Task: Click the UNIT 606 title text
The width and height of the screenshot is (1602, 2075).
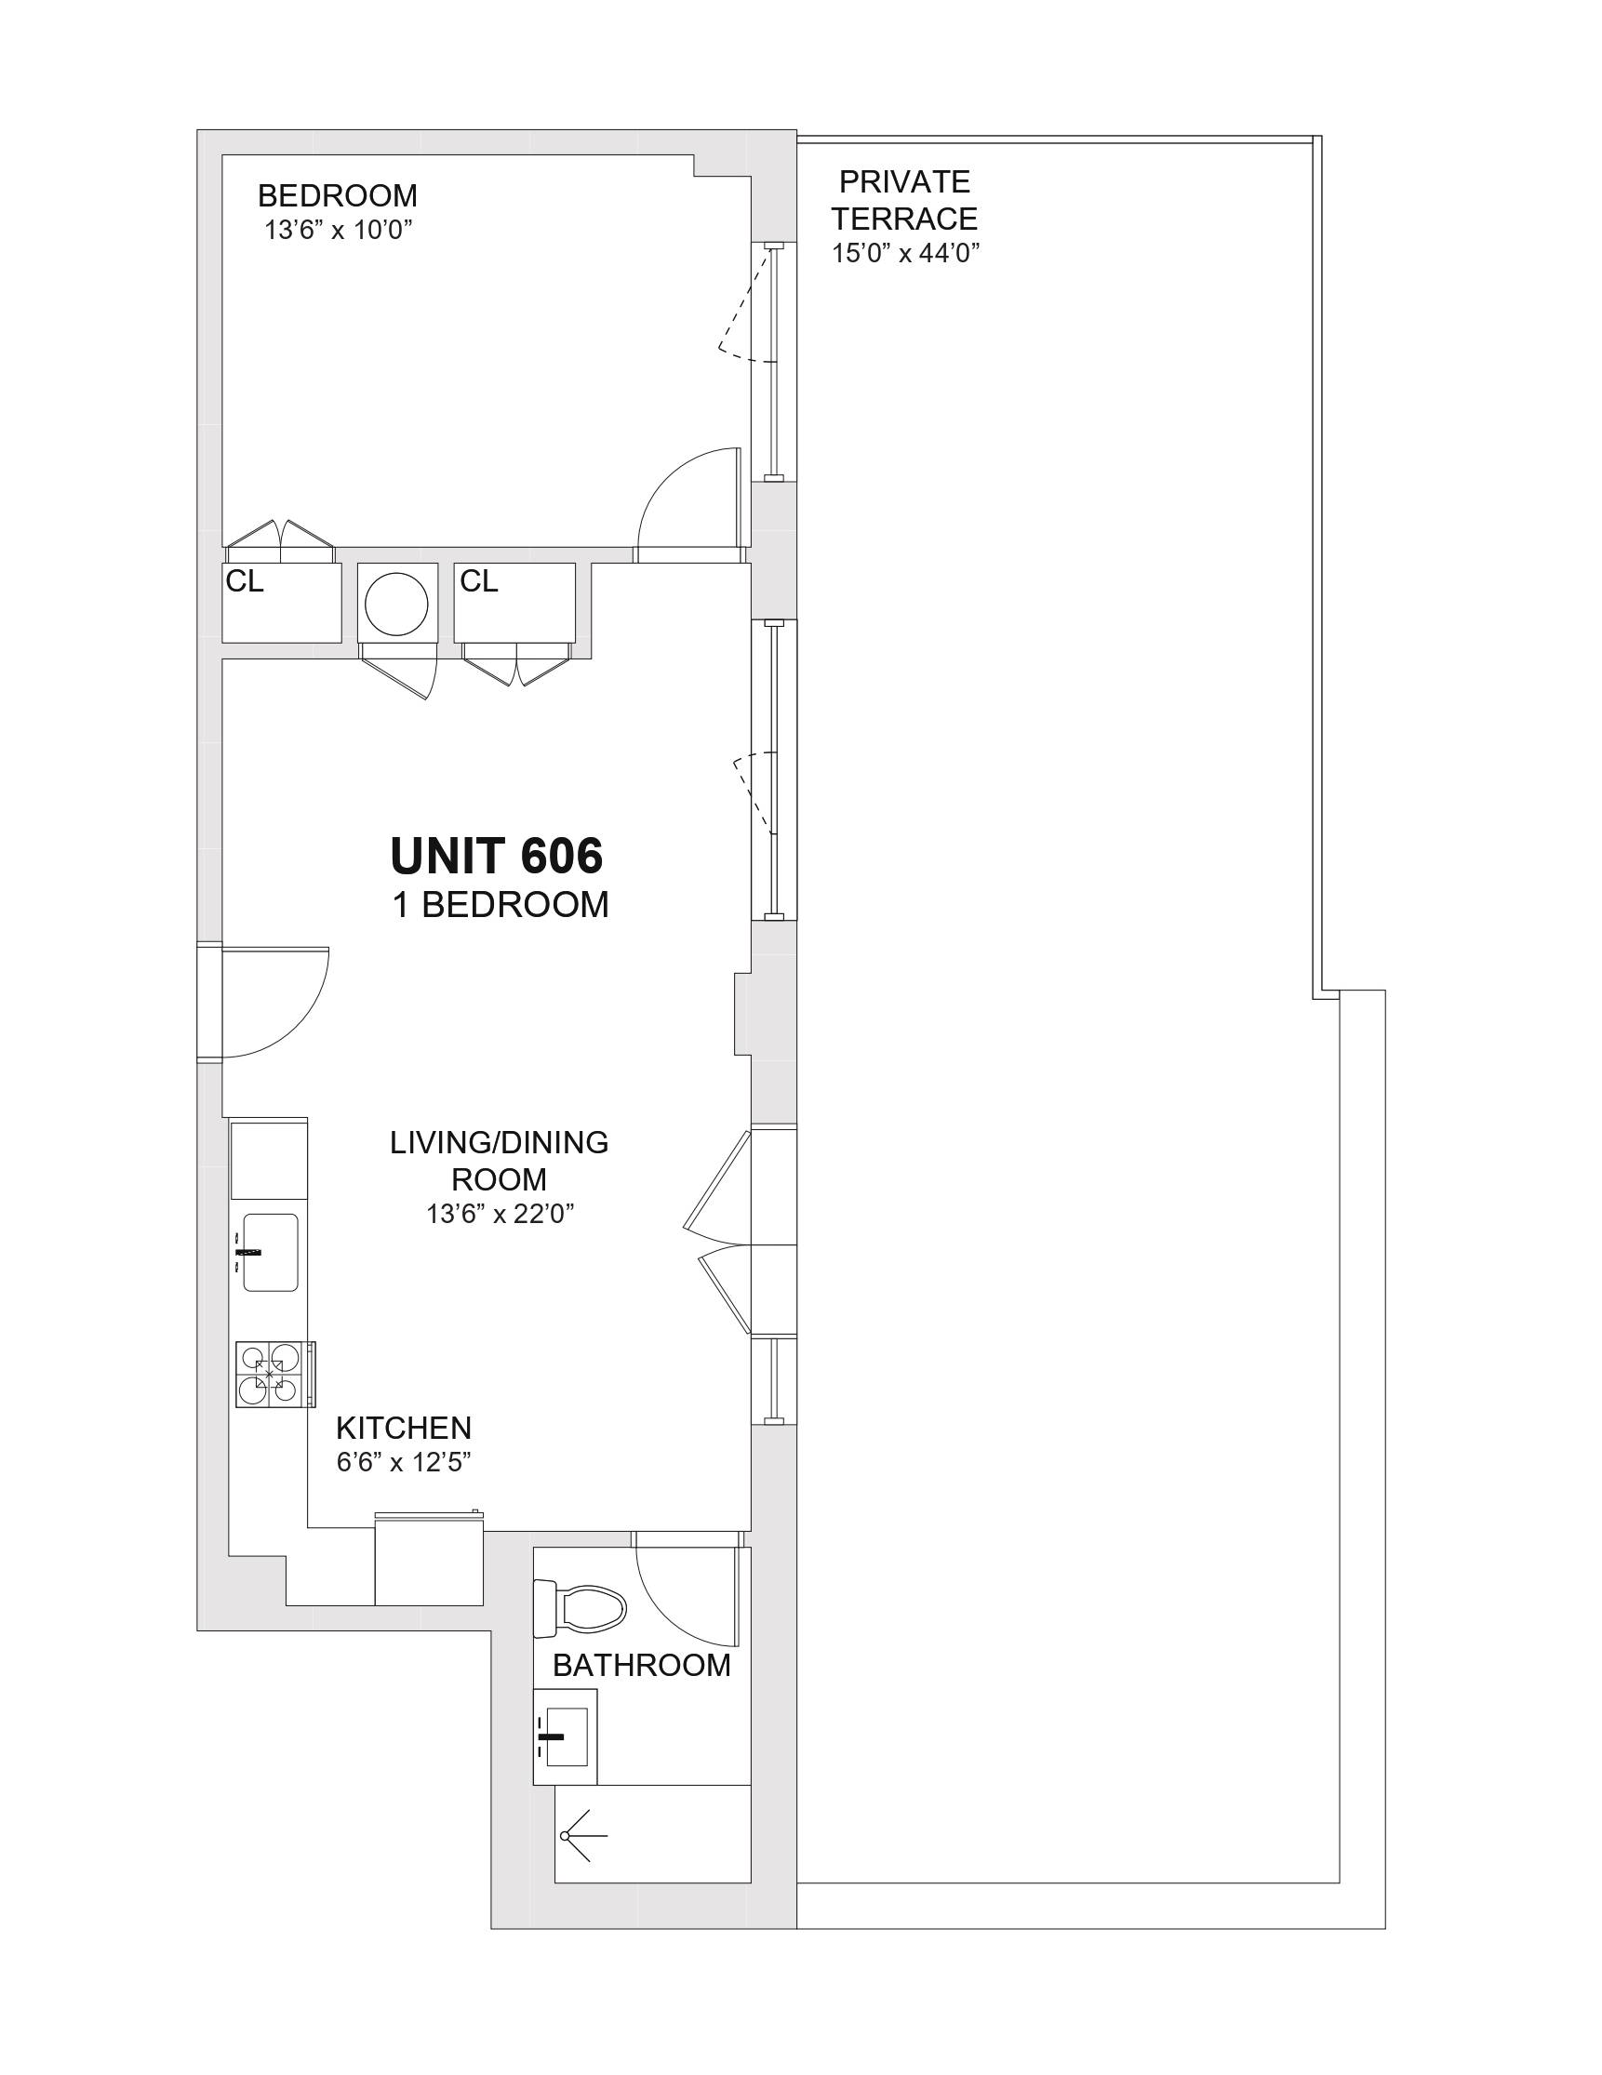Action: pos(497,856)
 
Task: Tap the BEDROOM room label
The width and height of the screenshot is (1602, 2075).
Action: pos(338,195)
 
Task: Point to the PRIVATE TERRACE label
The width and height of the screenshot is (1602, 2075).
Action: pos(904,200)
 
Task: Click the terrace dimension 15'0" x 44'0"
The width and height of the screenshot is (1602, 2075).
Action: pos(905,253)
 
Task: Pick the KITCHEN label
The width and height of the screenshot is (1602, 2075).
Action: pos(404,1455)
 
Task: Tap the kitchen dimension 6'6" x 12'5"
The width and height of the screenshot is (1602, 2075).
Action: pos(404,1489)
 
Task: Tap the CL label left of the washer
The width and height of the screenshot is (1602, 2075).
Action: pos(244,581)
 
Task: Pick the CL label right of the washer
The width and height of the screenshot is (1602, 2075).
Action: pos(479,581)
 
